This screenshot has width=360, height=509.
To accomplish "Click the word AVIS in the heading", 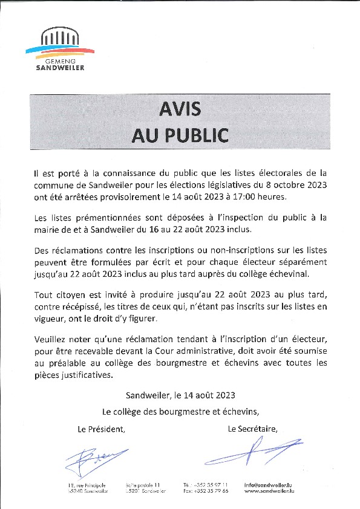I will pos(180,109).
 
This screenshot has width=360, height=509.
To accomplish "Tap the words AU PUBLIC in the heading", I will pos(180,135).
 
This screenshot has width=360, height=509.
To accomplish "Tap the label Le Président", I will pos(101,429).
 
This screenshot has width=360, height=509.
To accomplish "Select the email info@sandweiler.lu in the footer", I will pos(269,485).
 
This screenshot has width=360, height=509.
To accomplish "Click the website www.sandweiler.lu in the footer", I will pos(269,491).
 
